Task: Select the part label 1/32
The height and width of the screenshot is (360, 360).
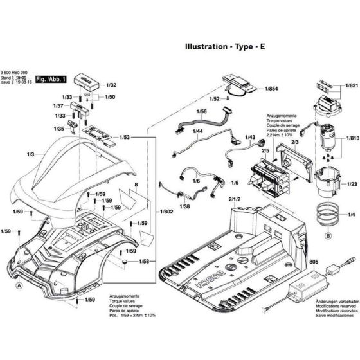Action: (x=111, y=85)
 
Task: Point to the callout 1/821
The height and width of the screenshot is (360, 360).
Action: (x=351, y=85)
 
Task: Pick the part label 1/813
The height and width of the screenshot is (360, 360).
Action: (x=351, y=137)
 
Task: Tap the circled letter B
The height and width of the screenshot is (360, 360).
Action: (x=328, y=237)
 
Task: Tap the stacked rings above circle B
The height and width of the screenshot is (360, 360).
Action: (x=328, y=215)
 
